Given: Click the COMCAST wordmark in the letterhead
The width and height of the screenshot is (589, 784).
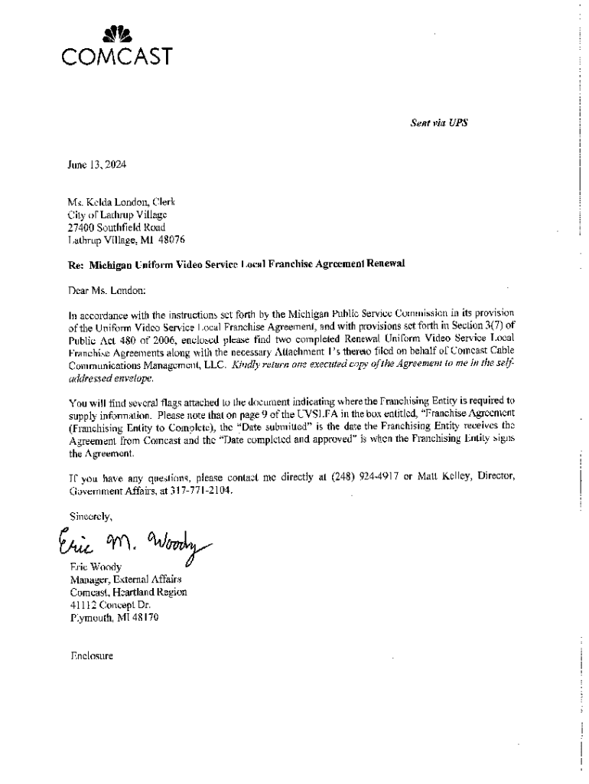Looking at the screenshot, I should click(x=116, y=57).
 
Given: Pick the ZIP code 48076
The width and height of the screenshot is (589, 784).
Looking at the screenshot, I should click(x=169, y=240).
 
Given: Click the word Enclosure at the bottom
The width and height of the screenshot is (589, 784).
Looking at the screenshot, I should click(x=91, y=656).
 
